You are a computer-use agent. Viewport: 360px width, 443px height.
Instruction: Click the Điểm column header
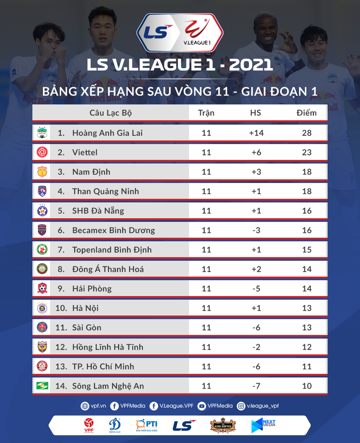[306, 113]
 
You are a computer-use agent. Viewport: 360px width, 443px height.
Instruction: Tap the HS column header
[256, 113]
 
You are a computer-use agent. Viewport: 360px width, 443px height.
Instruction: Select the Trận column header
[206, 113]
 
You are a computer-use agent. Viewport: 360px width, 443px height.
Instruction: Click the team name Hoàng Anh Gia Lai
[107, 133]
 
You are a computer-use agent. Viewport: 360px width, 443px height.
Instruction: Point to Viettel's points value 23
[306, 153]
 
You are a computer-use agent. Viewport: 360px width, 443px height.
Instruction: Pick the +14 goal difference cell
[256, 133]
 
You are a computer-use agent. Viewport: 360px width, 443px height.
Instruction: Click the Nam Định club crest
[43, 172]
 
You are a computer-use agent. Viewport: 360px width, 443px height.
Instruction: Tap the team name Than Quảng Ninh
[105, 191]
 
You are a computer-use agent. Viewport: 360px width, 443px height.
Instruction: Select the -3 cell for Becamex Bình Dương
[256, 231]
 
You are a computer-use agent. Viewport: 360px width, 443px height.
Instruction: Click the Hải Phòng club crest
[43, 289]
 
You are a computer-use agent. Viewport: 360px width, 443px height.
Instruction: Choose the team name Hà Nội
[85, 308]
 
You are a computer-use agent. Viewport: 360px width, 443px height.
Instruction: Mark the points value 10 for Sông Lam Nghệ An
[306, 386]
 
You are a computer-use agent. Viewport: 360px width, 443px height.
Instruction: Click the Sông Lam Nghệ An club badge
[43, 386]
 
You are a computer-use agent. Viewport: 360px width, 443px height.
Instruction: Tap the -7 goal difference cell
[256, 386]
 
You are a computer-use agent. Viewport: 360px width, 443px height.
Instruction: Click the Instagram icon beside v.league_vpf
[241, 406]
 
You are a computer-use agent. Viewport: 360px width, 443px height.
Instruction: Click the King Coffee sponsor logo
[223, 425]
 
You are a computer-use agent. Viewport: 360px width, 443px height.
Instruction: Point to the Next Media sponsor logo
[263, 425]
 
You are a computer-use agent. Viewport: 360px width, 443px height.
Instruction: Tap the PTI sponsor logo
[146, 425]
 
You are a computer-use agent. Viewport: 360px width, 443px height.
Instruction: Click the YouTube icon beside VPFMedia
[202, 406]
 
